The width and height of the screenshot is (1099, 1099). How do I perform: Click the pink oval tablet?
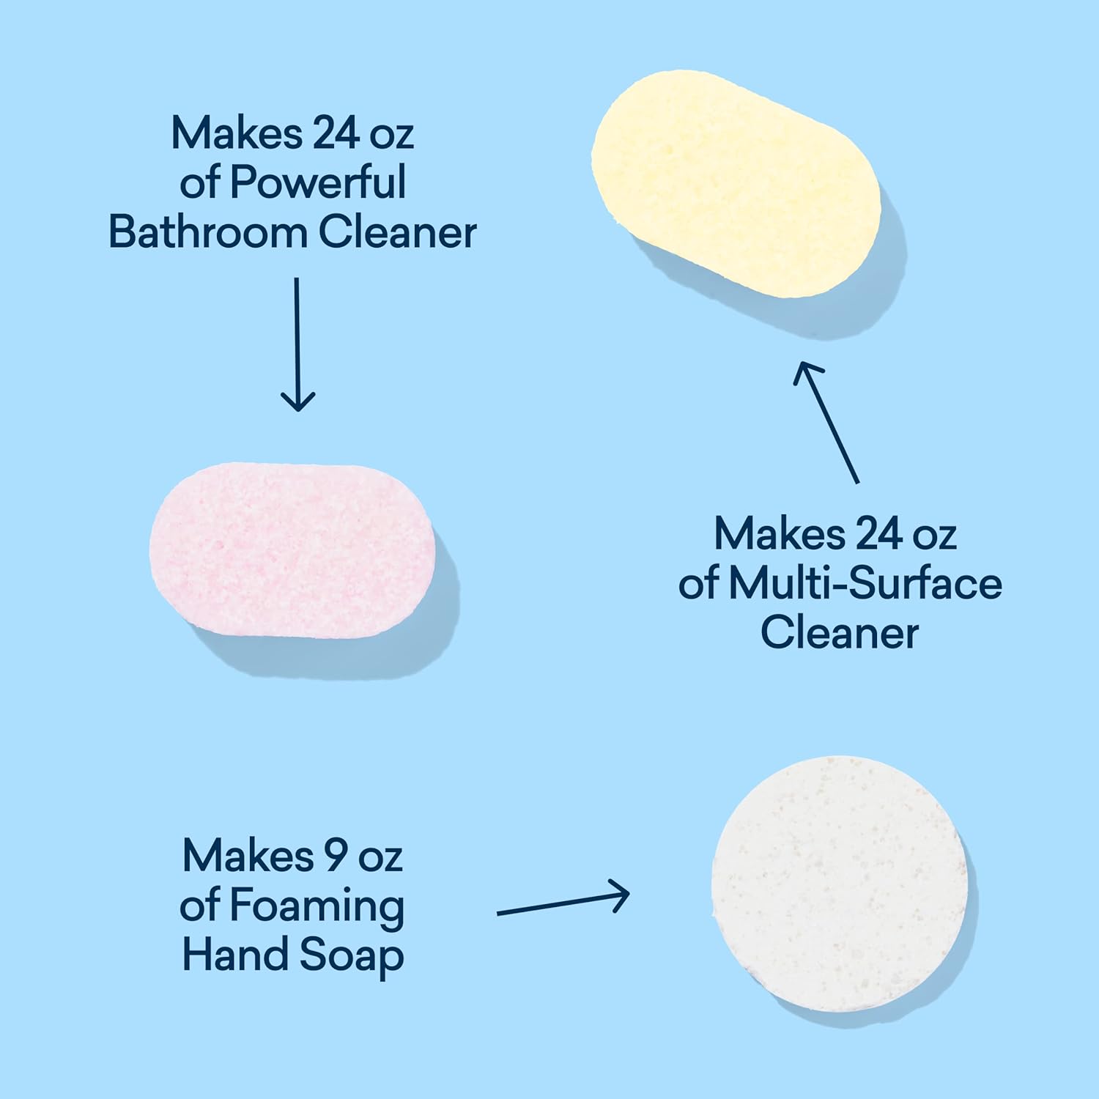click(292, 549)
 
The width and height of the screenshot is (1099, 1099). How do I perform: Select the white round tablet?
click(840, 884)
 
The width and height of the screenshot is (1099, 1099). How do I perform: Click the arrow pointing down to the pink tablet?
click(297, 344)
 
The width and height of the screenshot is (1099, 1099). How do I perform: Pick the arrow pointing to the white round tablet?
click(563, 902)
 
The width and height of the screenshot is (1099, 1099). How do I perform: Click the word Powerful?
click(318, 182)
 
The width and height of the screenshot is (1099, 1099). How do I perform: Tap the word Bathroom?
click(208, 232)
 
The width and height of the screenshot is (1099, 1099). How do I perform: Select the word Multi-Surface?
click(865, 584)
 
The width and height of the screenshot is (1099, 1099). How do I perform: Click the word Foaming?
click(317, 906)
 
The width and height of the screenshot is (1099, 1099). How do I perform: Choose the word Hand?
click(235, 955)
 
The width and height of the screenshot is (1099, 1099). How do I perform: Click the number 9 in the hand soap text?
click(335, 856)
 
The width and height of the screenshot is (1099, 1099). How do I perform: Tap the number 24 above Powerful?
click(336, 133)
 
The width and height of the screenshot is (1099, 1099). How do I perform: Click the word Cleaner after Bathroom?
click(397, 232)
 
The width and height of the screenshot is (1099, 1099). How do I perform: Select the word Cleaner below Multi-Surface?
click(840, 633)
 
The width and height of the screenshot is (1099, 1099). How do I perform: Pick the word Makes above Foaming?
click(248, 856)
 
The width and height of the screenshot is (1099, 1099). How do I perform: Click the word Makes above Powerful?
click(237, 133)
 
